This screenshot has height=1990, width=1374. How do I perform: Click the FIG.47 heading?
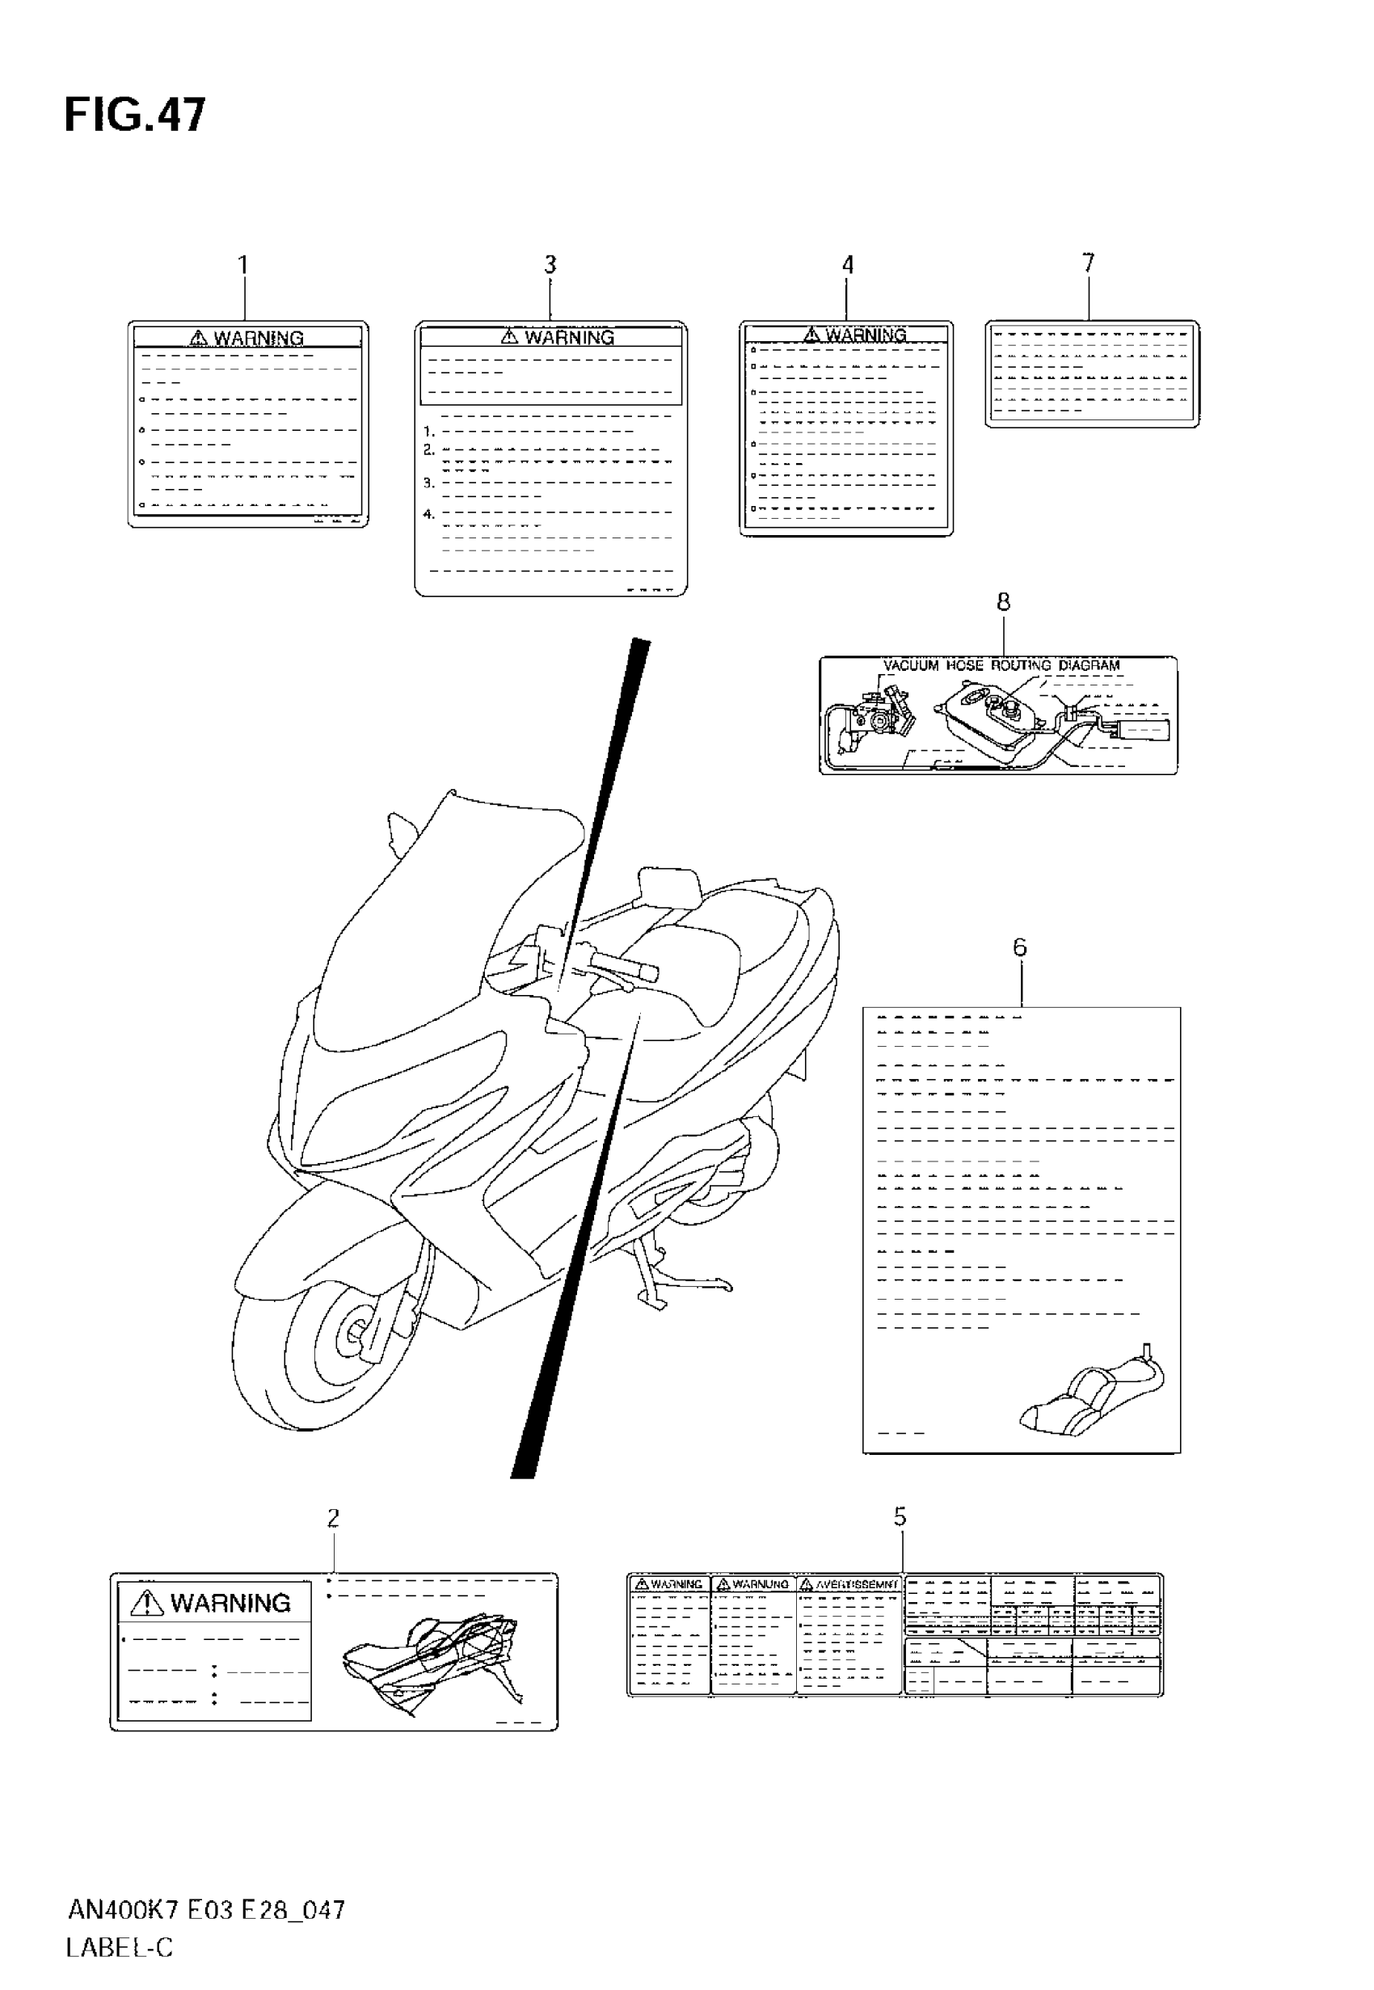click(x=135, y=116)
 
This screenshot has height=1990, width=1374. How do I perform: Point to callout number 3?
click(x=550, y=265)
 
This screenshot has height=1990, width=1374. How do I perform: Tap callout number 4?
click(x=847, y=265)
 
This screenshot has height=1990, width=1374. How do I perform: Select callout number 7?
click(x=1088, y=263)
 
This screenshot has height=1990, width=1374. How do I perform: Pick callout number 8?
click(x=1003, y=602)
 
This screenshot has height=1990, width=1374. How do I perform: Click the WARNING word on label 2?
click(x=230, y=1603)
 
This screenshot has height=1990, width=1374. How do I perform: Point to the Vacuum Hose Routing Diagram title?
click(x=1001, y=665)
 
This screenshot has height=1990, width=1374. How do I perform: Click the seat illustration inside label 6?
click(x=1092, y=1395)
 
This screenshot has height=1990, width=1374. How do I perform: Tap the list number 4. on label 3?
click(x=428, y=514)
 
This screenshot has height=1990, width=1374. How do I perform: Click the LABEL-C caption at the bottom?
click(x=120, y=1947)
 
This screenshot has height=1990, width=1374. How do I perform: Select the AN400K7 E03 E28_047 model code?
click(x=206, y=1911)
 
